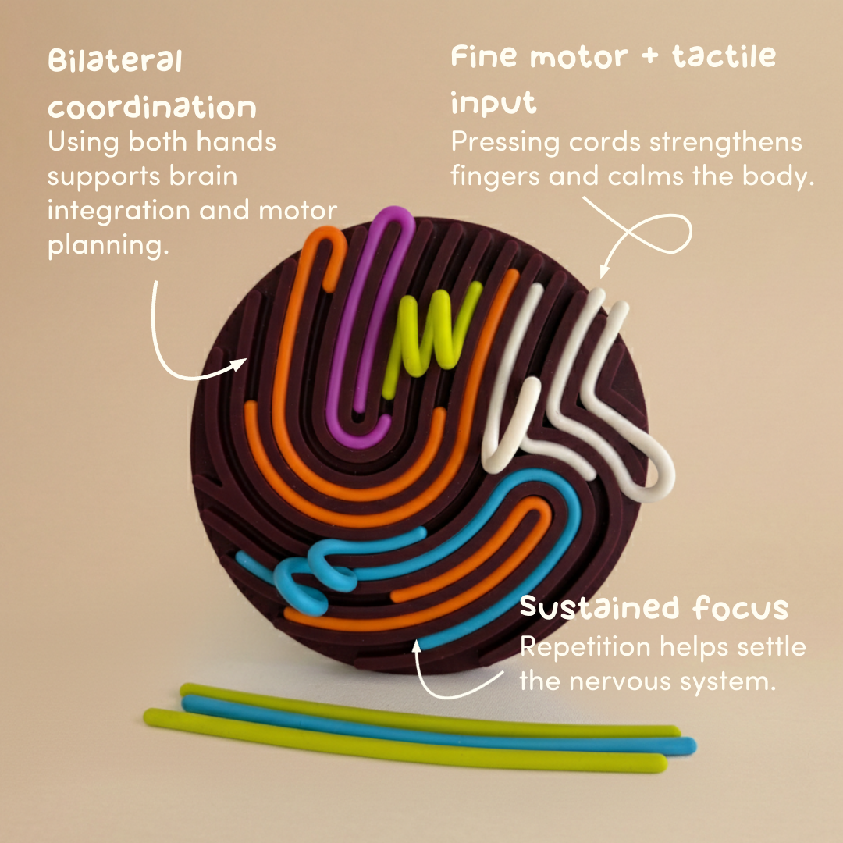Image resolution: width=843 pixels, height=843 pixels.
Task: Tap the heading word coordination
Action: (151, 107)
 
